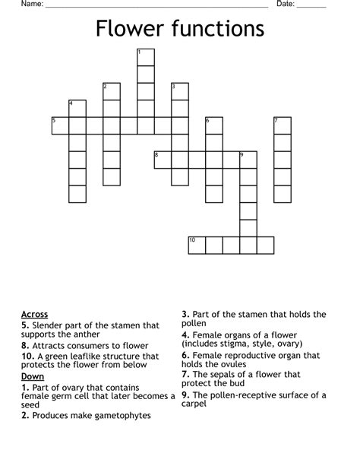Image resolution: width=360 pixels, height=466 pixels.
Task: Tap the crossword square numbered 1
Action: (145, 58)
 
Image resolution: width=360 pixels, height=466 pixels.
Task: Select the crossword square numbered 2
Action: (112, 91)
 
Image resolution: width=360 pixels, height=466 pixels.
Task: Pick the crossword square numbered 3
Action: (179, 91)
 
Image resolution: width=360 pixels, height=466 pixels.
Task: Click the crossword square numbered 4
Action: (77, 108)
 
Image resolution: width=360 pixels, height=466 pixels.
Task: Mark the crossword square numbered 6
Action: (213, 125)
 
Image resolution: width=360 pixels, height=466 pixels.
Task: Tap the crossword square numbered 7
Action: (282, 125)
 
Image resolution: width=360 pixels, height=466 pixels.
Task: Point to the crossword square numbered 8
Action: (163, 160)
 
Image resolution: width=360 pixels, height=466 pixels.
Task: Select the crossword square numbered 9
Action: (248, 160)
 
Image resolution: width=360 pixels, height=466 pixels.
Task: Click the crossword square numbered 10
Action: (197, 245)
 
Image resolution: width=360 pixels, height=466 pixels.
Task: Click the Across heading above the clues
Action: (35, 314)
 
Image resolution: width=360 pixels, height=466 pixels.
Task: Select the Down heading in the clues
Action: (33, 376)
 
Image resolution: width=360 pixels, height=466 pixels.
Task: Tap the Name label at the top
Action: (31, 5)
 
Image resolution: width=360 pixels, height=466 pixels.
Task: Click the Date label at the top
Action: (285, 5)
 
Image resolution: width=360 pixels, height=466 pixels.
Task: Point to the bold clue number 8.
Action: (27, 345)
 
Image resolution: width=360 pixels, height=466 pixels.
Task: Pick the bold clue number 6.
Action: (185, 354)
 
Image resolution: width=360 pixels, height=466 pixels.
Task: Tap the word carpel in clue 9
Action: (194, 404)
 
